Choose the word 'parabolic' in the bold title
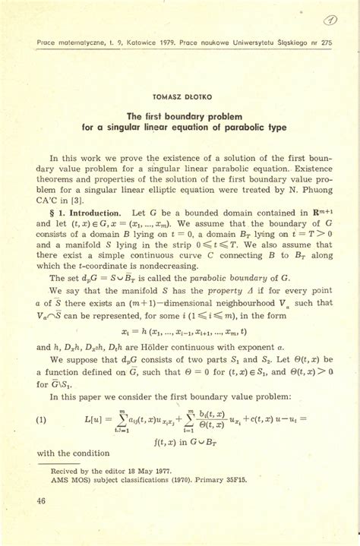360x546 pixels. click(x=242, y=128)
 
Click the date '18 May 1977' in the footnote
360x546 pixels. click(x=152, y=470)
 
